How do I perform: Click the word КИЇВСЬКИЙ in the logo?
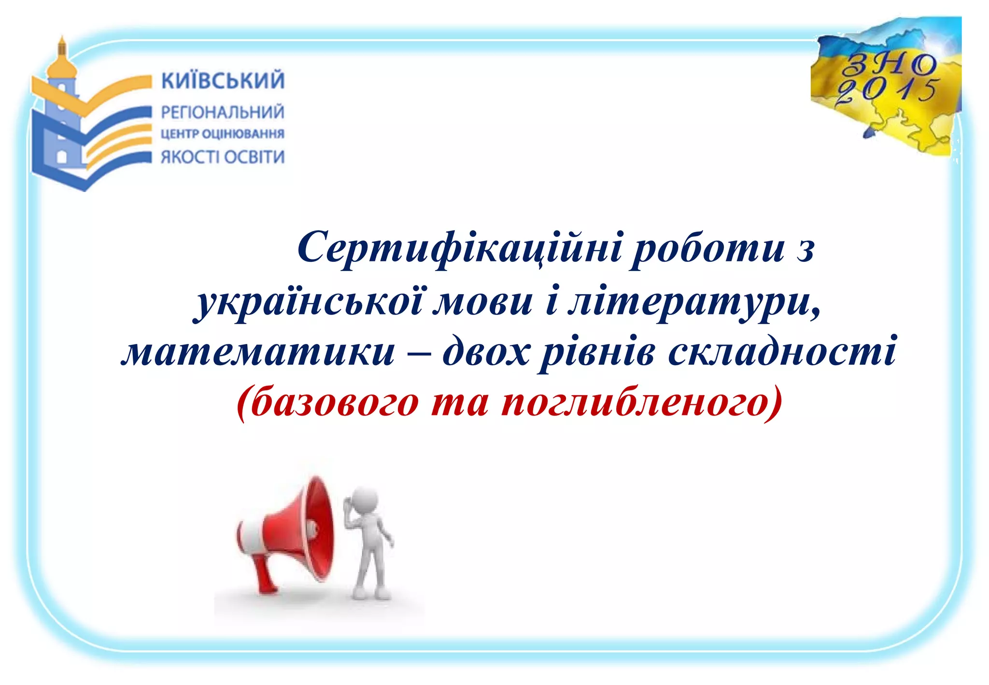[223, 81]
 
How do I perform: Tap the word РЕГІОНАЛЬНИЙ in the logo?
[223, 113]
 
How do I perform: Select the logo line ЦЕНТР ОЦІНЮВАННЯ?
[223, 134]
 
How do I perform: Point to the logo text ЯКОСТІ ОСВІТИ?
[223, 157]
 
